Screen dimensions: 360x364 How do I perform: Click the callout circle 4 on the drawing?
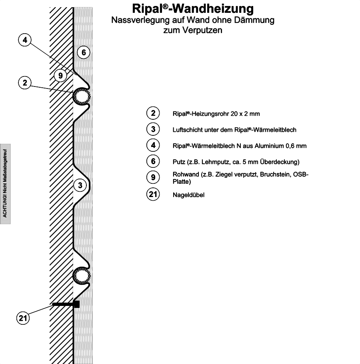point(25,40)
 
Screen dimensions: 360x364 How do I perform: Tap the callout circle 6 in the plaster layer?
point(84,52)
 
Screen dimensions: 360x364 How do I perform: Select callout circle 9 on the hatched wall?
point(60,75)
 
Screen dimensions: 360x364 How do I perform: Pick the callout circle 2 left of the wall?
point(25,82)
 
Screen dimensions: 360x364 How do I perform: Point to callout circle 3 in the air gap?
point(80,185)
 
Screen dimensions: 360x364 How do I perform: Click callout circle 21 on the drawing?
point(23,318)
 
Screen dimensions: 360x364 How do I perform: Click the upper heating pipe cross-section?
point(82,97)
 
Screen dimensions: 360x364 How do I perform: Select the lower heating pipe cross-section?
point(82,276)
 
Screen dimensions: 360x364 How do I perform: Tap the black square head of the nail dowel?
point(76,304)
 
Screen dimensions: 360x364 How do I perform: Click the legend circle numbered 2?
point(153,113)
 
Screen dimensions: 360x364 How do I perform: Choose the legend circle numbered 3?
point(153,129)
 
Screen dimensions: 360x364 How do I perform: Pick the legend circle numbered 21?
point(153,194)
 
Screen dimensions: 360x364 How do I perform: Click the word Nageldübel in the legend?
point(188,195)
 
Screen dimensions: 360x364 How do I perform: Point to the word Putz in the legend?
point(179,162)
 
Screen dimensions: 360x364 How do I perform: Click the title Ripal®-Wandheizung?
point(193,9)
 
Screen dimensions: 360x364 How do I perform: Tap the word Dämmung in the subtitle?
point(254,20)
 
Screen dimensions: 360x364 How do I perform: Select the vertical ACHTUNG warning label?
point(5,184)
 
